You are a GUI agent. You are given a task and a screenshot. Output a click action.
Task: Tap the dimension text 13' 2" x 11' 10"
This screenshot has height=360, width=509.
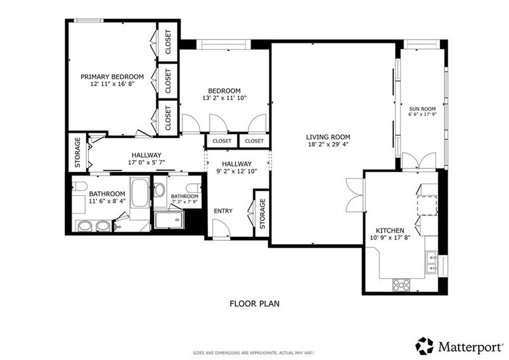[x=224, y=98]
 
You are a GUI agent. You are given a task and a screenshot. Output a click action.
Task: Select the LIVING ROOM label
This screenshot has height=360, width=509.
[x=328, y=137]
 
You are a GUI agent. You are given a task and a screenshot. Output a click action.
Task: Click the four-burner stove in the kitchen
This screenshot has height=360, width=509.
[x=401, y=284]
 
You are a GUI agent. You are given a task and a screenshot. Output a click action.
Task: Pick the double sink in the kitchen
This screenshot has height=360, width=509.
[x=431, y=261]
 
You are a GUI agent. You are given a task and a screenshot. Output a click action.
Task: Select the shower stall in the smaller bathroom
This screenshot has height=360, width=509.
[x=169, y=219]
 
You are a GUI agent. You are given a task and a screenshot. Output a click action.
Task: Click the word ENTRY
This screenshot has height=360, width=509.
[x=223, y=211]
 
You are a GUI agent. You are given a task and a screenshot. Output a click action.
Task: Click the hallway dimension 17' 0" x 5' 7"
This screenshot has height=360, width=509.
[x=144, y=162]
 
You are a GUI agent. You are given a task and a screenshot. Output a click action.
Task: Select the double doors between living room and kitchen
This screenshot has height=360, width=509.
[x=354, y=195]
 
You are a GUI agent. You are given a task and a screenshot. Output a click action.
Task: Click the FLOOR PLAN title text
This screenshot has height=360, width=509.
[x=254, y=304]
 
